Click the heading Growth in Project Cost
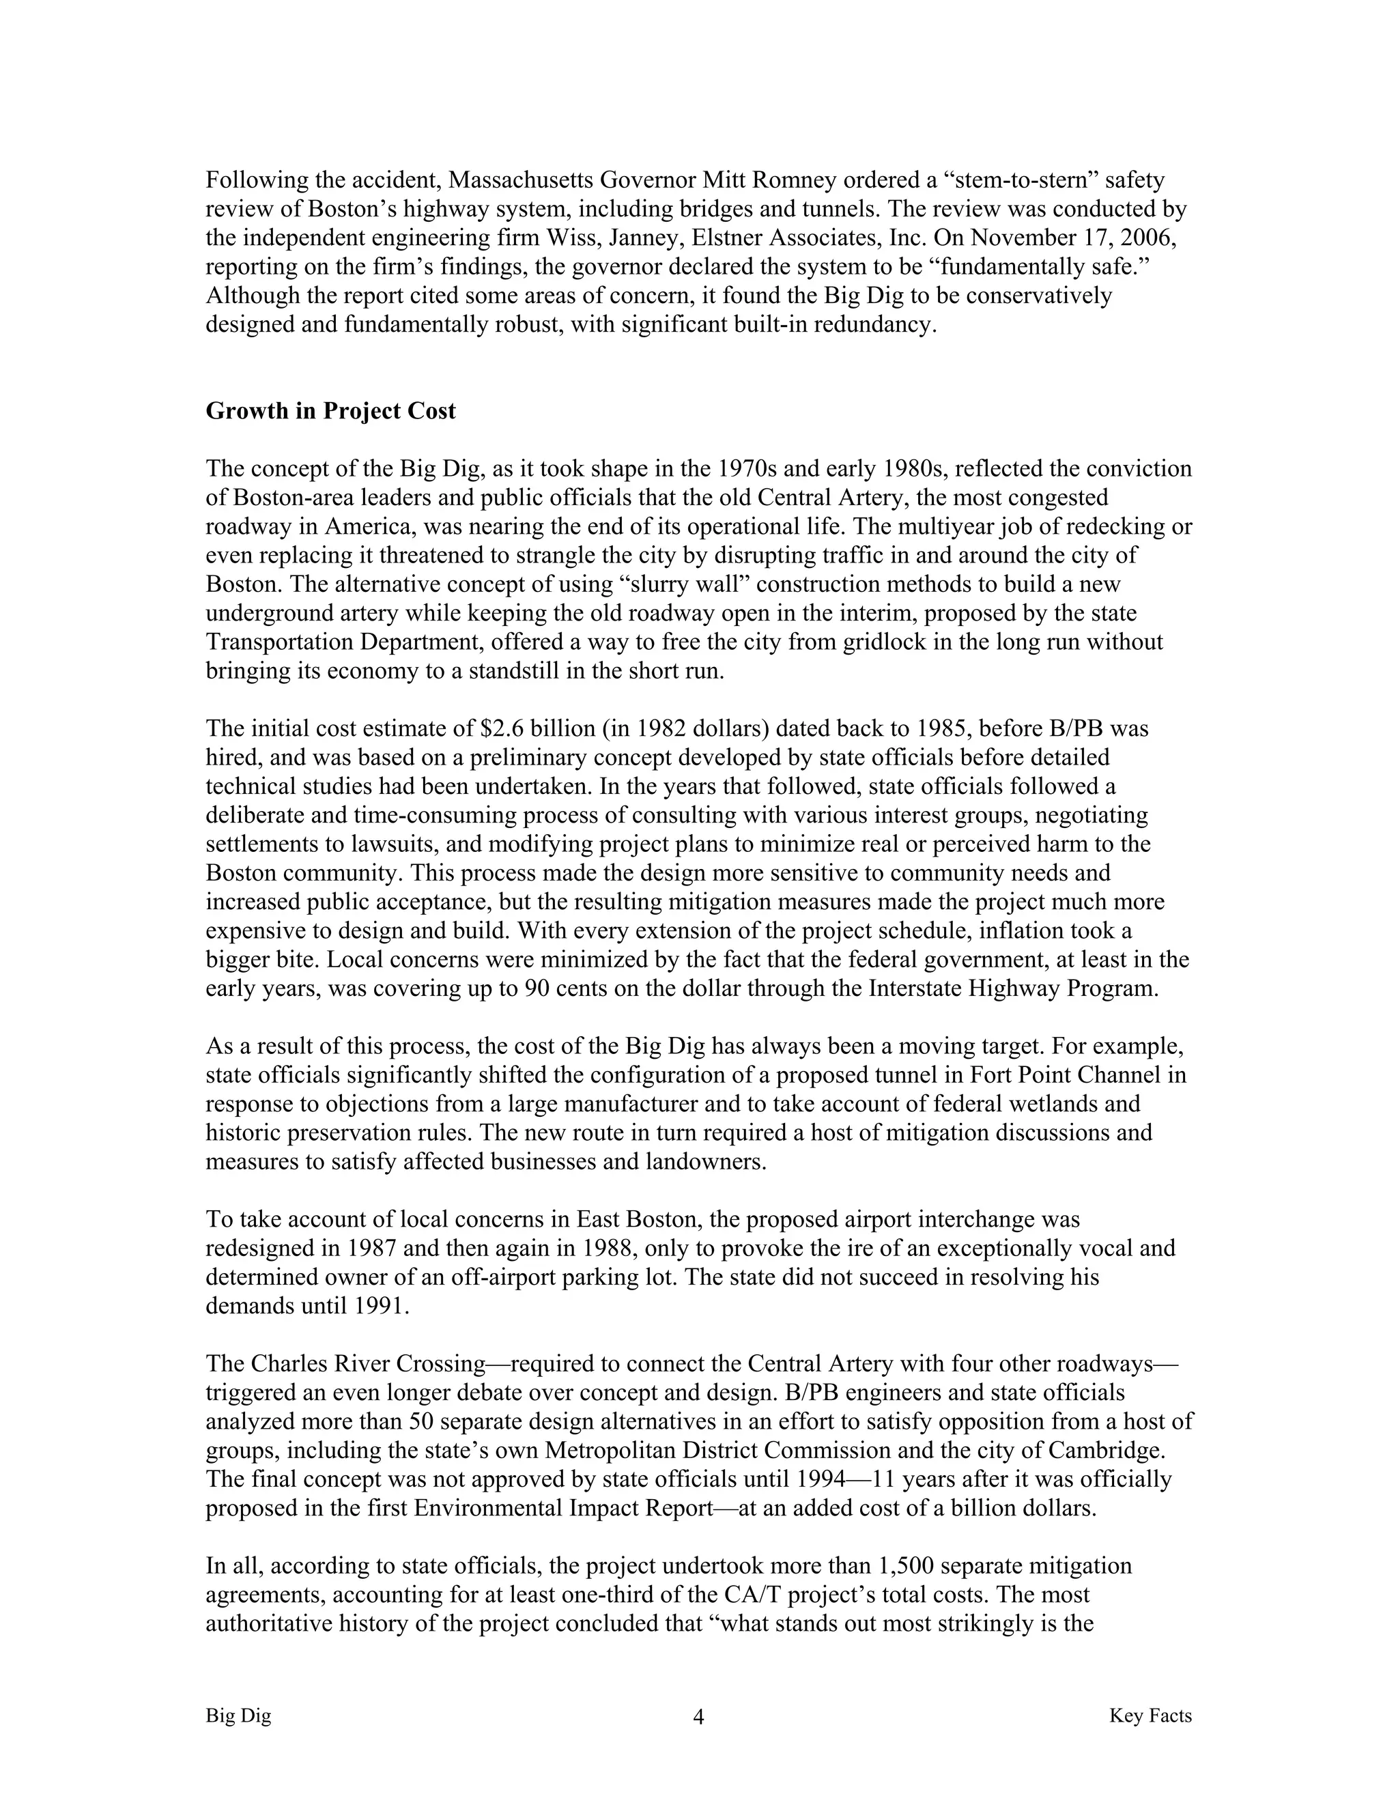(330, 412)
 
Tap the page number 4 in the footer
(698, 1717)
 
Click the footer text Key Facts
(1150, 1715)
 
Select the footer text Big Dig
(238, 1715)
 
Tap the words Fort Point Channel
(1065, 1075)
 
